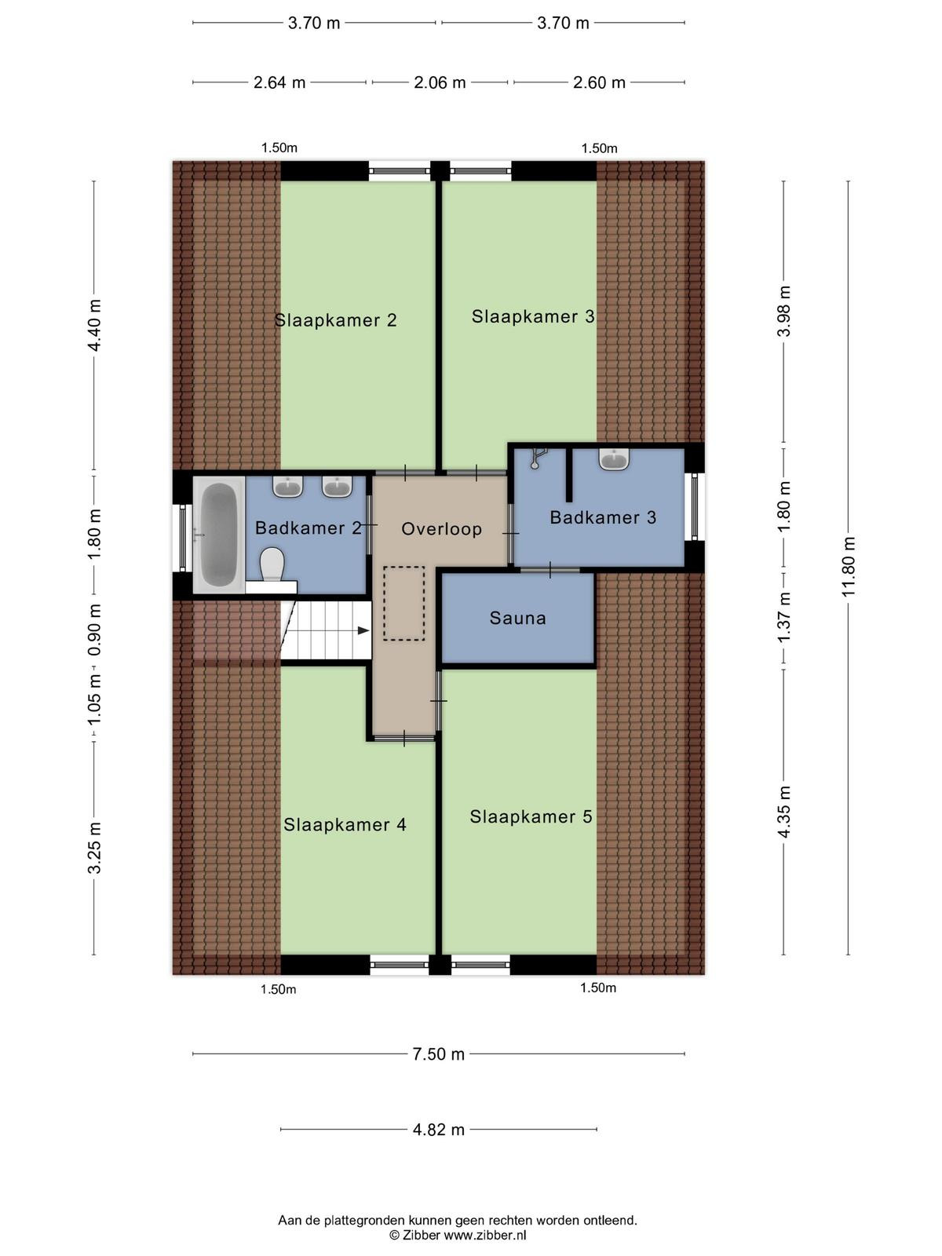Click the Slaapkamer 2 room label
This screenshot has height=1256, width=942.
click(336, 319)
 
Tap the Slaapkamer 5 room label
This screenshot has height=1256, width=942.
click(531, 816)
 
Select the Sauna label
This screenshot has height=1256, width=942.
click(517, 618)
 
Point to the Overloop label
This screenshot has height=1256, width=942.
click(441, 529)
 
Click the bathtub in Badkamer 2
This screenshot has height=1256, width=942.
click(219, 535)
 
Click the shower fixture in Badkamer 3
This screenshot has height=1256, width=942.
click(538, 458)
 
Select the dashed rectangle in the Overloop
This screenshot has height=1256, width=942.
click(403, 603)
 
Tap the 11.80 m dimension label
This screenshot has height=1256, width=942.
click(849, 567)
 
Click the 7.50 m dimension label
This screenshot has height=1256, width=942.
click(439, 1054)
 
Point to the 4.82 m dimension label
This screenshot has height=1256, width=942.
click(439, 1130)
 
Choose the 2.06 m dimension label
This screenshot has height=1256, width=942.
click(440, 82)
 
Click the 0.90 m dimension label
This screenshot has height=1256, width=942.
click(94, 630)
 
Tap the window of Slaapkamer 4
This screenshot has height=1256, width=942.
click(400, 966)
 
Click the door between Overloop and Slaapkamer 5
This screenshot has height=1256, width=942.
click(439, 701)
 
